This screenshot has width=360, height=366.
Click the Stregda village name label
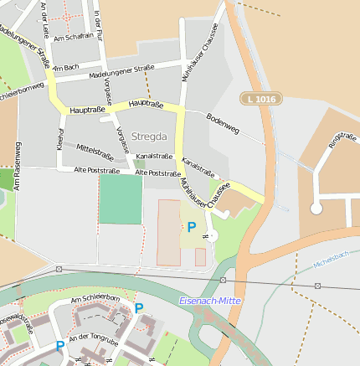pos(149,136)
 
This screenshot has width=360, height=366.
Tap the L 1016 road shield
pos(260,99)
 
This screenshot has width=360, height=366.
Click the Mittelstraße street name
pos(95,151)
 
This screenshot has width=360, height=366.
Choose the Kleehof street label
pos(60,140)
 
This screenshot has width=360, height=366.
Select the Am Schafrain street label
pos(73,39)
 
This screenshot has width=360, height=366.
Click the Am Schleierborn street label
pos(95,299)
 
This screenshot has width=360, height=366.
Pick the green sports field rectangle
pos(121,198)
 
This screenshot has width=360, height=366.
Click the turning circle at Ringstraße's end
pos(316,208)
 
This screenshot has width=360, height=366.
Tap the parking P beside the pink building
pos(192,226)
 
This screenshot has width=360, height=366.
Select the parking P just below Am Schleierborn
pos(139,307)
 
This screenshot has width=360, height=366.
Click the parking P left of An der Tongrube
pos(59,345)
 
